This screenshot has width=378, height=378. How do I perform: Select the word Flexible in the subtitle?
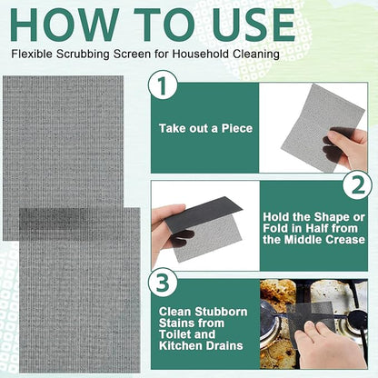[x=33, y=54]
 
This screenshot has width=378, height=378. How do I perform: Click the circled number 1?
[x=163, y=85]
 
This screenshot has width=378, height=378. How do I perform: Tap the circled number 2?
[x=358, y=184]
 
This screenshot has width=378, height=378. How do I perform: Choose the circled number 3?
[x=163, y=283]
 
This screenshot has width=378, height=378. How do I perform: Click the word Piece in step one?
[x=237, y=128]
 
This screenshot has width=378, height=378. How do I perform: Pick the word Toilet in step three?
[x=174, y=334]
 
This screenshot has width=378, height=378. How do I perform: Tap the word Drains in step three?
[x=224, y=345]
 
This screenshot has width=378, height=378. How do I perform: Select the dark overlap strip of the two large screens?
[x=72, y=224]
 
